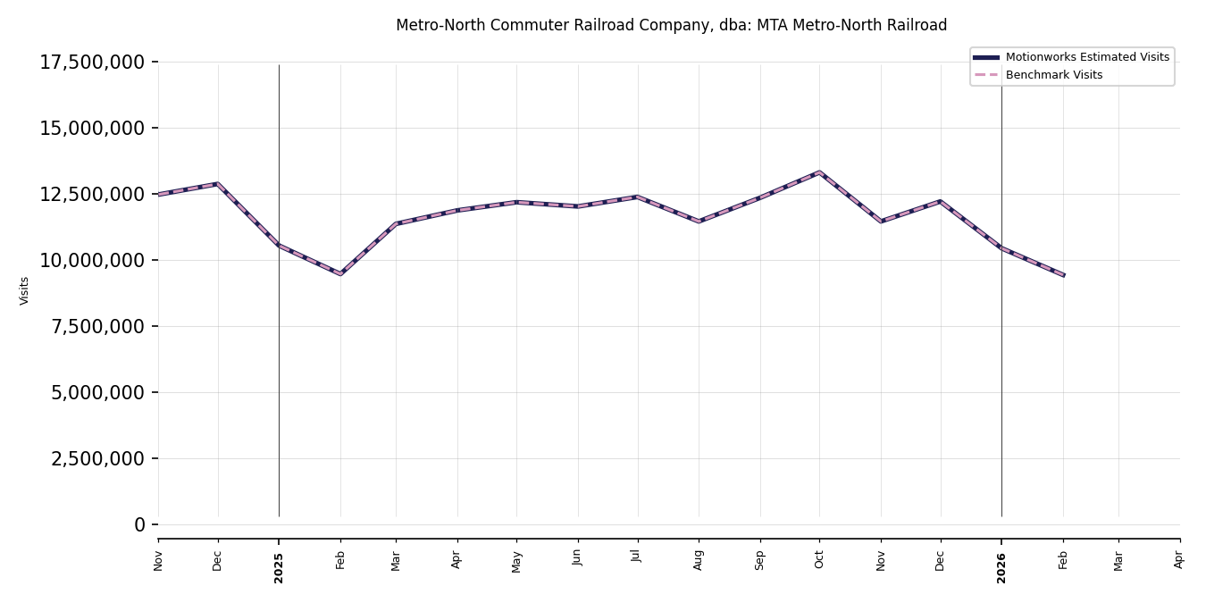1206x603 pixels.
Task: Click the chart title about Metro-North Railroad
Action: (x=671, y=26)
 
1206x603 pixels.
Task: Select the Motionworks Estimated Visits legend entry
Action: (x=1086, y=57)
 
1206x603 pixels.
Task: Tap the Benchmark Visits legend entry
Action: (x=1053, y=75)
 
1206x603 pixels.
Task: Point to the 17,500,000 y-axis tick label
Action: (x=92, y=63)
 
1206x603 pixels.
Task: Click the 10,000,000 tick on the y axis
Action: (x=92, y=260)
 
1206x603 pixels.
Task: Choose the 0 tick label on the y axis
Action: (x=139, y=524)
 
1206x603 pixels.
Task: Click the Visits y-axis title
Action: (x=25, y=290)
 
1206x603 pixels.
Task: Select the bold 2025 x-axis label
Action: (x=279, y=567)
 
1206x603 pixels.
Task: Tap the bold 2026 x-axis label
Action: (x=1001, y=567)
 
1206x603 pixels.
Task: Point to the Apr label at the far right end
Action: (x=1179, y=559)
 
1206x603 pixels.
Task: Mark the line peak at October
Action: (x=819, y=172)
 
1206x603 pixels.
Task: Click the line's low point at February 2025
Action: (x=340, y=273)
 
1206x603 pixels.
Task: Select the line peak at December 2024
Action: (x=217, y=184)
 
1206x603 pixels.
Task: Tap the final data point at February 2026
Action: (x=1063, y=275)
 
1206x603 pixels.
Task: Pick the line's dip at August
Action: (x=699, y=221)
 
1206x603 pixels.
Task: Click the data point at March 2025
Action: (x=396, y=223)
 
